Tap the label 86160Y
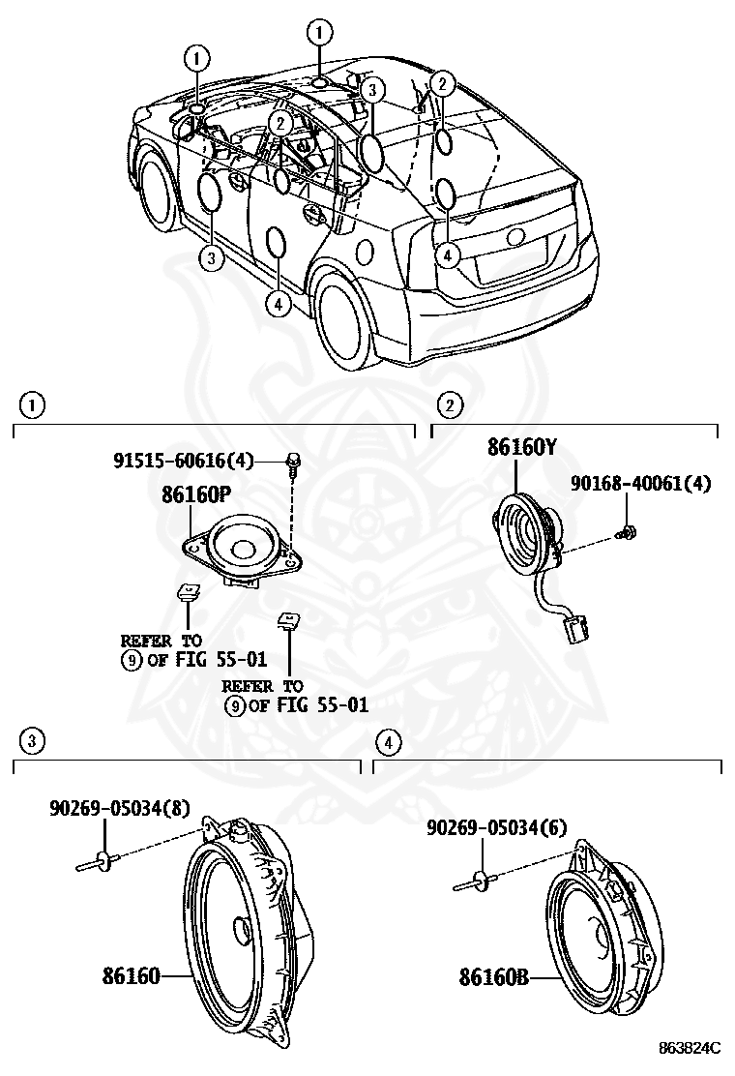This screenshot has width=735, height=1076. pyautogui.click(x=521, y=447)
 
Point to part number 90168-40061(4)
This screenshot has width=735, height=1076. pyautogui.click(x=639, y=483)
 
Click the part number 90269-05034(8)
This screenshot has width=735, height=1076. pyautogui.click(x=120, y=809)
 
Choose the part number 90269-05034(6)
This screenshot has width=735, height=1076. pyautogui.click(x=497, y=826)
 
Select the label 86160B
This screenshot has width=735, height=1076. pyautogui.click(x=493, y=977)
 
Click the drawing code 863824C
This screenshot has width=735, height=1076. pyautogui.click(x=691, y=1048)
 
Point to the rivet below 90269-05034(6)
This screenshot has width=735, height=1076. pyautogui.click(x=474, y=882)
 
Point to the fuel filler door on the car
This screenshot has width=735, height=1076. pyautogui.click(x=365, y=251)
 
